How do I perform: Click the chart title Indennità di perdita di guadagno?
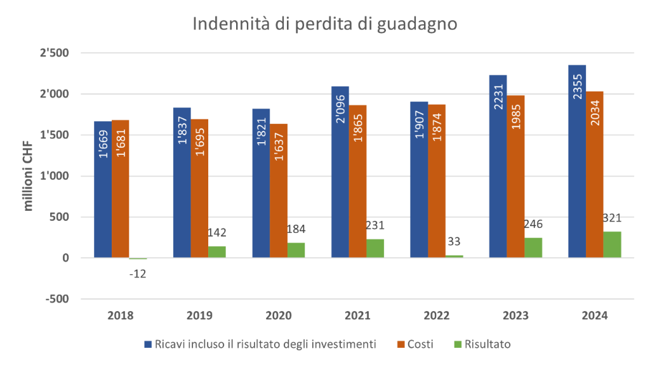324,24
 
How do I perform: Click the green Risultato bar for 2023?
534,248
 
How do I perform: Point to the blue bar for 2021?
340,171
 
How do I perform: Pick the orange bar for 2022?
437,181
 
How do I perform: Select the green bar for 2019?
217,251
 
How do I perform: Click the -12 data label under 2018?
138,274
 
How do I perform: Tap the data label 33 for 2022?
454,242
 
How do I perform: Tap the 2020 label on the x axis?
279,315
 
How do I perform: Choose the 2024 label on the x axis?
595,315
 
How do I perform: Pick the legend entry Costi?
421,344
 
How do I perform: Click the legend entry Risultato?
487,344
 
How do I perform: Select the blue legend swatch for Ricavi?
148,344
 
